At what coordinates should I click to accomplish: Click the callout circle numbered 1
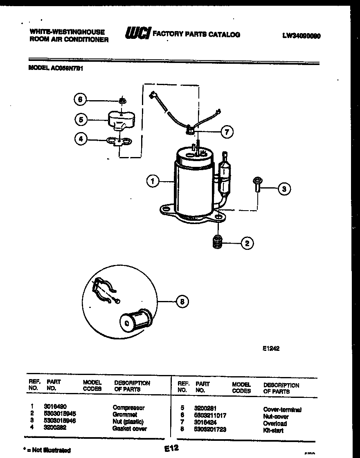[x=153, y=181]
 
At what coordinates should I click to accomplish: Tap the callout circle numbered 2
[x=247, y=243]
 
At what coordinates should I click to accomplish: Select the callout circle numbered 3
[x=284, y=189]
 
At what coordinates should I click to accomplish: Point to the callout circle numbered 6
[x=81, y=99]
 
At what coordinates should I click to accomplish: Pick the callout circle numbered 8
[x=182, y=302]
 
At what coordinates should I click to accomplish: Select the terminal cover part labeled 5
[x=117, y=120]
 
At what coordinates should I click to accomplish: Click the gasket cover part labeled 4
[x=118, y=141]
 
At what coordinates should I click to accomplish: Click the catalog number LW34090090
[x=301, y=36]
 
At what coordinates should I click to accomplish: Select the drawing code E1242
[x=271, y=349]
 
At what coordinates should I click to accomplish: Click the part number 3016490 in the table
[x=54, y=407]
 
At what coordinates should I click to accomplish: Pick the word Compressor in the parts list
[x=128, y=408]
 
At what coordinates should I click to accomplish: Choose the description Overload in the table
[x=275, y=423]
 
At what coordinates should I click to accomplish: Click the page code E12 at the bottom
[x=172, y=448]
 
